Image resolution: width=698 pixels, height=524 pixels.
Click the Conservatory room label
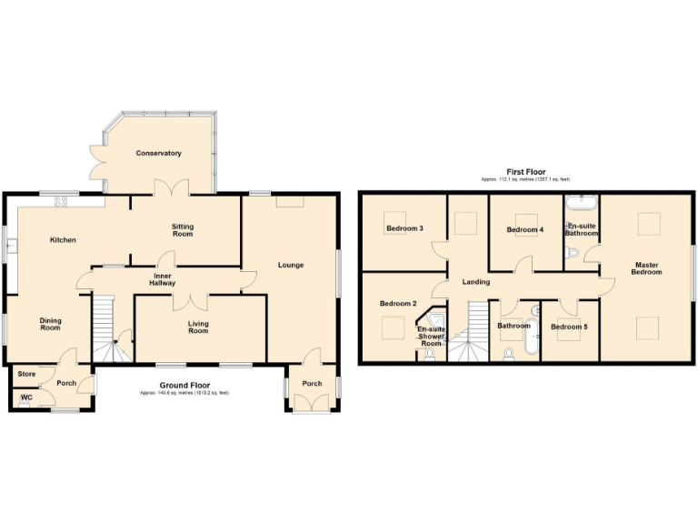coord(159,153)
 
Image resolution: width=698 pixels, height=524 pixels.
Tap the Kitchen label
coord(63,240)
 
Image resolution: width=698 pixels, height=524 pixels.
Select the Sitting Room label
coord(183,229)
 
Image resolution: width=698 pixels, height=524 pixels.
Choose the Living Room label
coord(198,327)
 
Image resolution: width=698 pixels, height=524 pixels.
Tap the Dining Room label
coord(50,324)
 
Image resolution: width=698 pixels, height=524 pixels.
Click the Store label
coord(25,374)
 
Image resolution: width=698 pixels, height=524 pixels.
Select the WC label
coord(25,397)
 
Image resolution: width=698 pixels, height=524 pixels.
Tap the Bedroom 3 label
coord(404,228)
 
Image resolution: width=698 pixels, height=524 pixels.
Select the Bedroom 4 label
coord(524,230)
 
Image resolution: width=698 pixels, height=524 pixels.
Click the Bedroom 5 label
coord(569,327)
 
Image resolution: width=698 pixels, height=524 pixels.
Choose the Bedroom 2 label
coord(398,303)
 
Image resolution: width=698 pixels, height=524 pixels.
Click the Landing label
coord(476,282)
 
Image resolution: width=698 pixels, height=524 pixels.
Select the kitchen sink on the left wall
coord(10,244)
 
